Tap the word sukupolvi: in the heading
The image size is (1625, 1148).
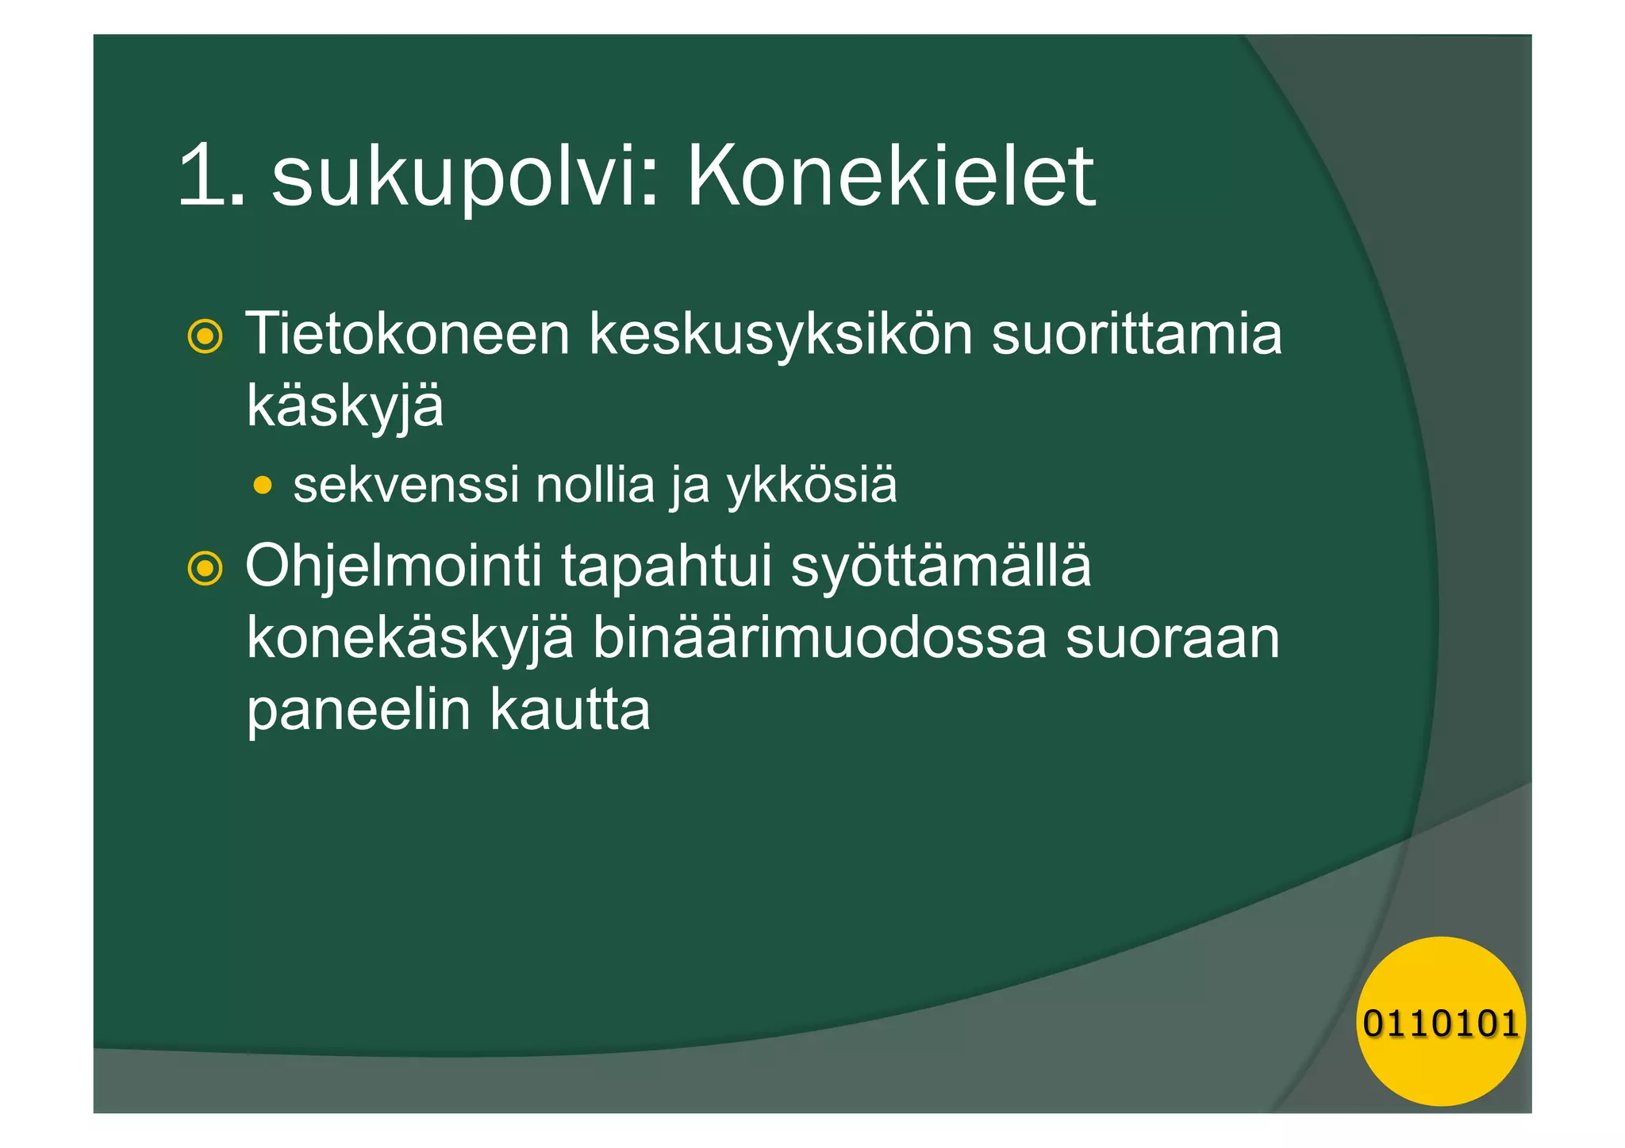pos(465,179)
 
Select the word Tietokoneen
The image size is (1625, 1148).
pos(408,334)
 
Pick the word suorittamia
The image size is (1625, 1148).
pos(1136,334)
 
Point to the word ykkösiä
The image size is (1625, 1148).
pos(812,486)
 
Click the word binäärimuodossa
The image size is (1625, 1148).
pos(820,638)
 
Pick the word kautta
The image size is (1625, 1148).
pos(570,709)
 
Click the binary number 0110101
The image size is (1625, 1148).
pos(1440,1023)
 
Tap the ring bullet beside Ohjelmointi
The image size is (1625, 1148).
pos(205,568)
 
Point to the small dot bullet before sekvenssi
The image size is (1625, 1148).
pos(263,484)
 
